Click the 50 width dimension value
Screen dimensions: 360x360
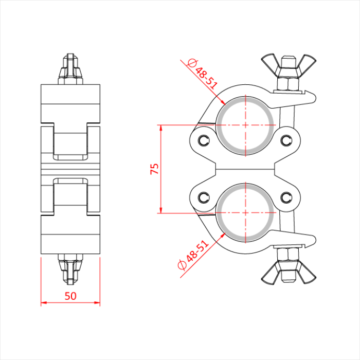click(x=70, y=296)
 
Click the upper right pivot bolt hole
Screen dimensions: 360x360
click(x=287, y=139)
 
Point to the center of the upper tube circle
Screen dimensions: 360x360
click(x=246, y=125)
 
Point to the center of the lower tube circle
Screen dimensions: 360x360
click(x=246, y=211)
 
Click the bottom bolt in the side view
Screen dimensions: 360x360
click(x=70, y=268)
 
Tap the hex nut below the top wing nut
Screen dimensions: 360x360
click(x=287, y=83)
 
